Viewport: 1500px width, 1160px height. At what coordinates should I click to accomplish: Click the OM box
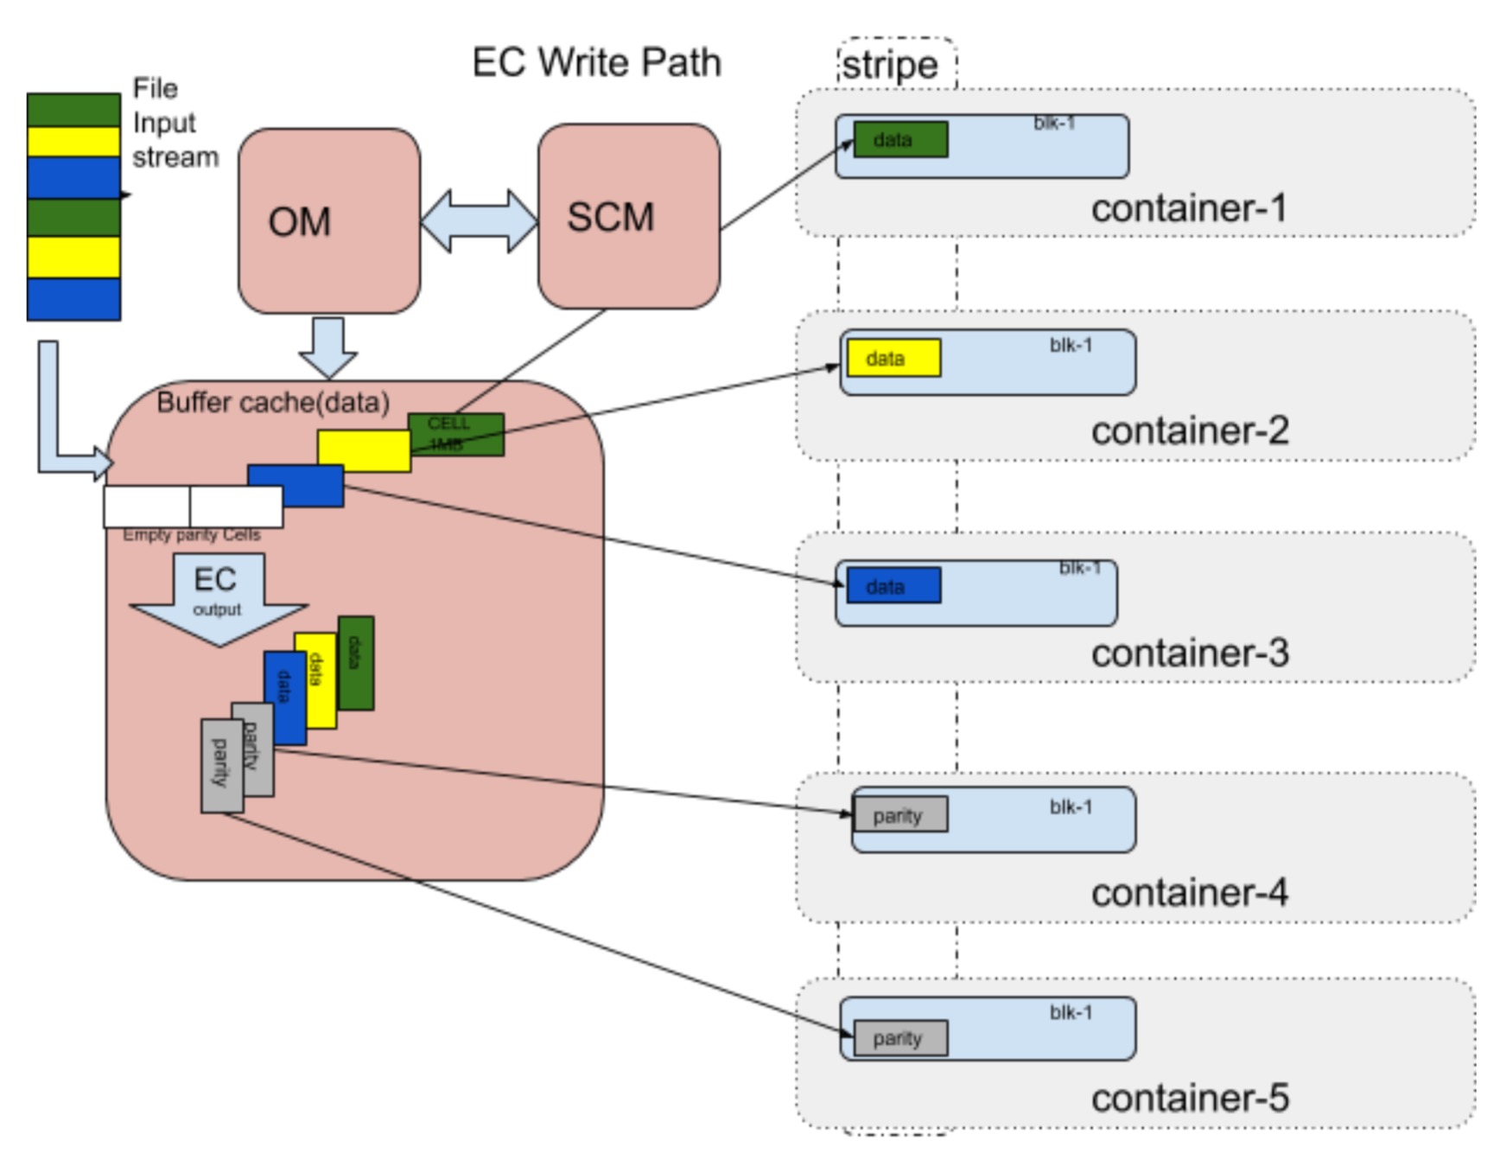tap(329, 221)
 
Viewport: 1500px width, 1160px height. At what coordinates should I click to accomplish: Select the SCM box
tap(628, 216)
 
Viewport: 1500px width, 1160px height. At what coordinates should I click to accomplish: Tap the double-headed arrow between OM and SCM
tap(479, 221)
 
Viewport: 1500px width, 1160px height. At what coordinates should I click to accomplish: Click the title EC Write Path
tap(596, 63)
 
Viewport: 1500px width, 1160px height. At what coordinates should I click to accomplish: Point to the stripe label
tap(890, 65)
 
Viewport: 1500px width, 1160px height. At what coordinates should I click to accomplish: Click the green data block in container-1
tap(900, 139)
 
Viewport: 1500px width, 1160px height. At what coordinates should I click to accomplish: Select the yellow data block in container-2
tap(893, 358)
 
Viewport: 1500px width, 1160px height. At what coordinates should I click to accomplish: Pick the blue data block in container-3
tap(893, 586)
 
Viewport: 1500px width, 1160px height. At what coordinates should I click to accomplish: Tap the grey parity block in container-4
tap(899, 815)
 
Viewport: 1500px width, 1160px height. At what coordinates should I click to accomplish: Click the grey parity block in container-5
tap(899, 1038)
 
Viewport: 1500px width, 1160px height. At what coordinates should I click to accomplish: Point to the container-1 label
tap(1189, 208)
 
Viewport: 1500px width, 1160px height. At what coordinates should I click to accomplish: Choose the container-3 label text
tap(1190, 653)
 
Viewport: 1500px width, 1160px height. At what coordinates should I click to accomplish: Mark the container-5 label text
tap(1190, 1098)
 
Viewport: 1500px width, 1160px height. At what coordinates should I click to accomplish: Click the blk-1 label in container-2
tap(1071, 345)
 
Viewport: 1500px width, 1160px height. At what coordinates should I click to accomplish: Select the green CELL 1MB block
tap(456, 434)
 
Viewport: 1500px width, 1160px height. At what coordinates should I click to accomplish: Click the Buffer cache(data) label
tap(273, 402)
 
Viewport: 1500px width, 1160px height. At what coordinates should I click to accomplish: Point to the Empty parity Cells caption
tap(191, 535)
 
